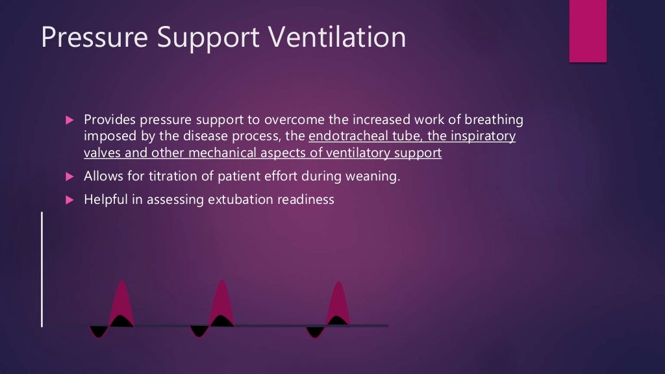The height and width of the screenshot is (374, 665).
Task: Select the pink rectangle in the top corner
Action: tap(588, 31)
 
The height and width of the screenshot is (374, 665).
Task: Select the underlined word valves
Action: tap(102, 153)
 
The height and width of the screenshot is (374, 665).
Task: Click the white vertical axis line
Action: tap(42, 269)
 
